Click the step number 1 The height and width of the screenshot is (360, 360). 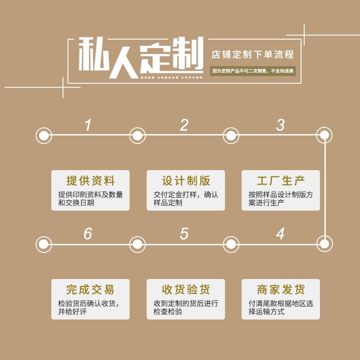(x=88, y=125)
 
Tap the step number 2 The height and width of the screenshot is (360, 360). (x=184, y=125)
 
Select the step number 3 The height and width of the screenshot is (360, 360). (x=280, y=125)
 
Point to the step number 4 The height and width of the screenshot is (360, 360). (x=280, y=234)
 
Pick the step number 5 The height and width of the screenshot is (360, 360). (x=184, y=234)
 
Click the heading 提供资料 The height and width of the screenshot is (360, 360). (x=90, y=181)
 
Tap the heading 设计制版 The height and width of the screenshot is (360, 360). (x=186, y=181)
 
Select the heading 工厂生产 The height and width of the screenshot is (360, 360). (x=281, y=181)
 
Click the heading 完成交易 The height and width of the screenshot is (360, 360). (x=90, y=289)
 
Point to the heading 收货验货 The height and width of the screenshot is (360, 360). (x=186, y=289)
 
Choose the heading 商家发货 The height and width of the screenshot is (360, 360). (x=281, y=289)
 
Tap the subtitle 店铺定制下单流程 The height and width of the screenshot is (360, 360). (x=252, y=55)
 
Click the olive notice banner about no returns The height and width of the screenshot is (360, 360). (x=252, y=71)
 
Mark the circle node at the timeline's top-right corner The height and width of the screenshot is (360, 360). (x=324, y=135)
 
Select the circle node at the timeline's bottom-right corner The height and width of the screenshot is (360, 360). (x=324, y=244)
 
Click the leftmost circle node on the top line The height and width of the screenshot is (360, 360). (x=44, y=135)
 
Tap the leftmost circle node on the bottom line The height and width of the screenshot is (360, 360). (x=44, y=244)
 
